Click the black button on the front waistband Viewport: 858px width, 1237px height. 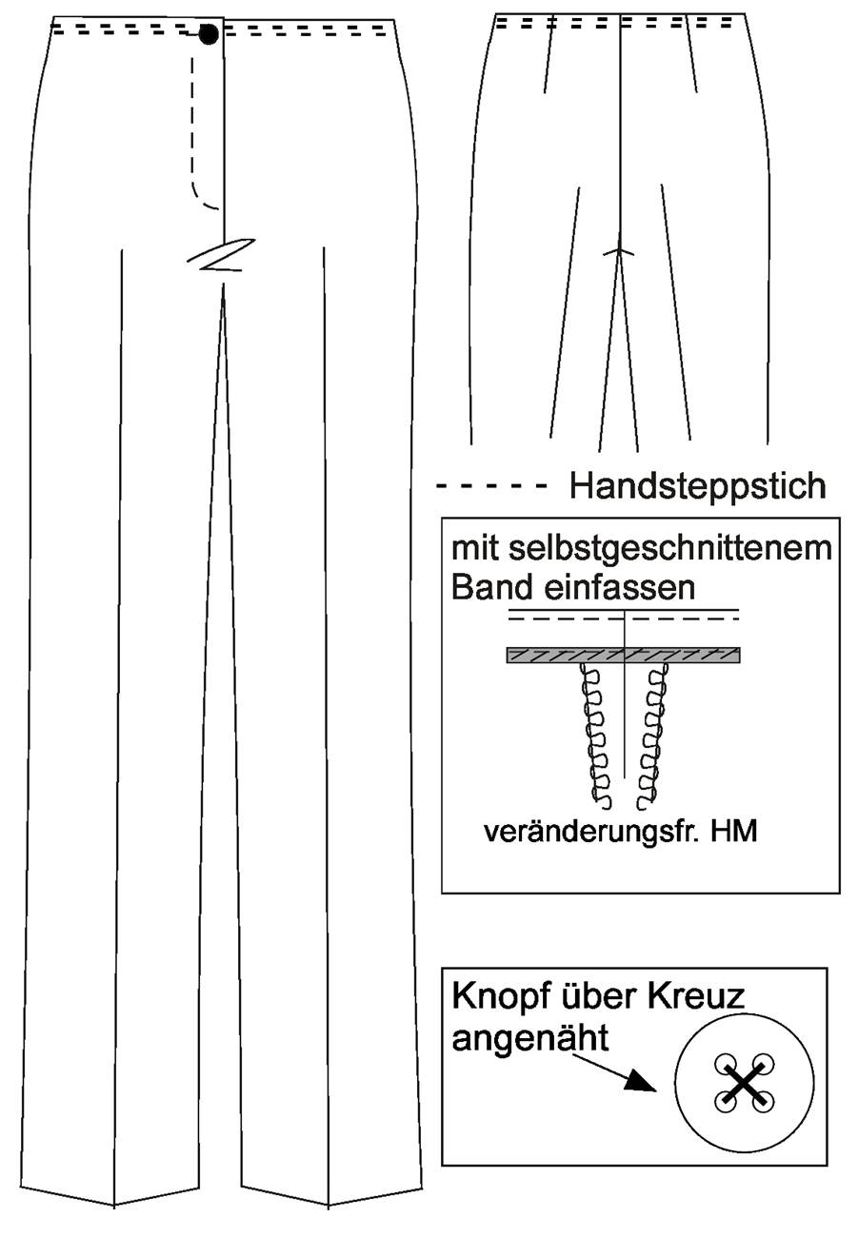tap(209, 34)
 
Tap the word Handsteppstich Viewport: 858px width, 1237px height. tap(698, 486)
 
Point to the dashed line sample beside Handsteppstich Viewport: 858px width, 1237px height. tap(491, 486)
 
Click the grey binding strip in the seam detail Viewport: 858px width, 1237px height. tap(624, 655)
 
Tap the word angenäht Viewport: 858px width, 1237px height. tap(530, 1038)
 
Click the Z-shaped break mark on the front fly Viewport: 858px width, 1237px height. tap(220, 256)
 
